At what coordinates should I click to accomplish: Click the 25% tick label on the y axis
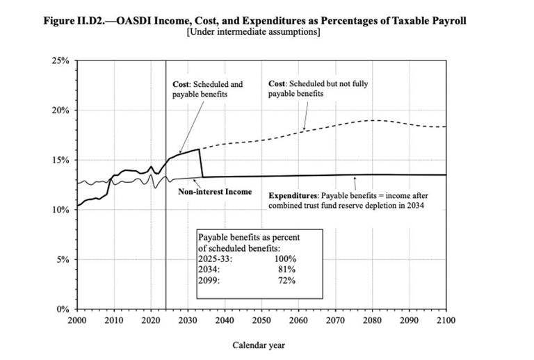(x=60, y=61)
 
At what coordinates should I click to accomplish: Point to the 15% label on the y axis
(x=60, y=161)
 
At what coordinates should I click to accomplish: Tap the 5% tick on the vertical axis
(x=62, y=260)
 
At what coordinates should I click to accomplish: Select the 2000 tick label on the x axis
(x=76, y=320)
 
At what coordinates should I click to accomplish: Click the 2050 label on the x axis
(x=261, y=320)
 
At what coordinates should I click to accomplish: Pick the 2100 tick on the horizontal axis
(x=445, y=320)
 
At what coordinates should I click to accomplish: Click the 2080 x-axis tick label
(x=371, y=320)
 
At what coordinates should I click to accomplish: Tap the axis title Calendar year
(x=259, y=345)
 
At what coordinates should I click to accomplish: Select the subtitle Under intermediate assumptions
(x=254, y=32)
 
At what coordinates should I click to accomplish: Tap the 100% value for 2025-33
(x=284, y=258)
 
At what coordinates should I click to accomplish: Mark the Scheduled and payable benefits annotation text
(x=200, y=89)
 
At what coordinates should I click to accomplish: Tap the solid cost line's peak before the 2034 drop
(x=200, y=149)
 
